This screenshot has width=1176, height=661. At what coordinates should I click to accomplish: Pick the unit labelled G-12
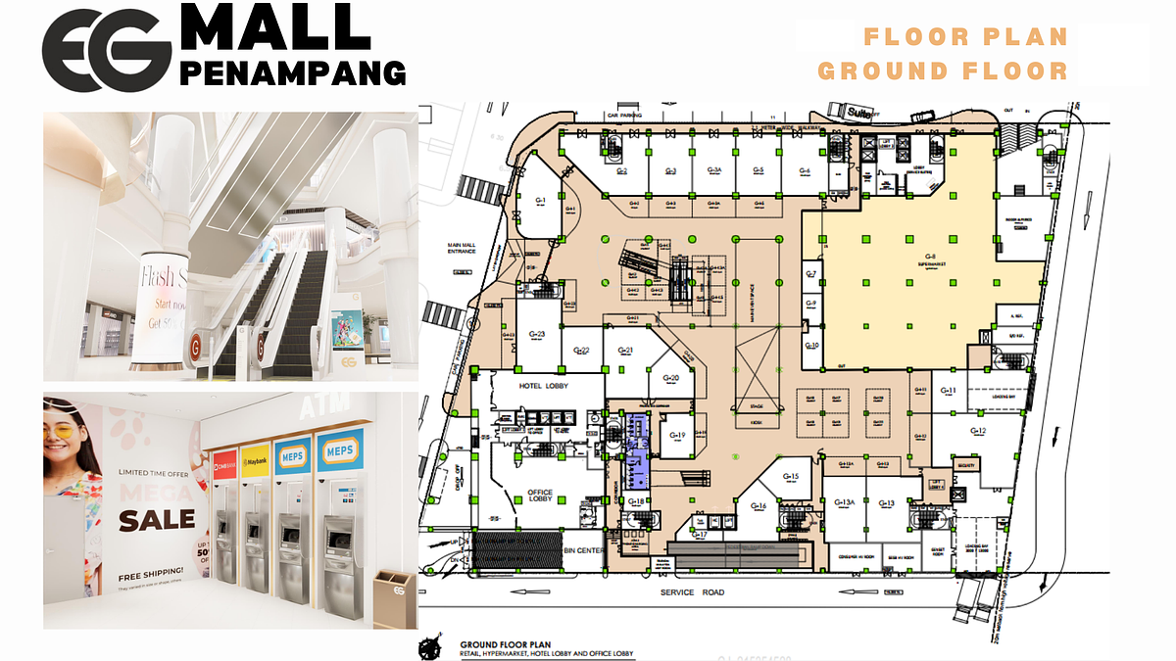coord(977,431)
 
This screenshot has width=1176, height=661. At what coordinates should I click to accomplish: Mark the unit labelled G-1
coord(540,200)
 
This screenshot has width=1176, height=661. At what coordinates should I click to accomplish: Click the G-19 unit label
coord(677,435)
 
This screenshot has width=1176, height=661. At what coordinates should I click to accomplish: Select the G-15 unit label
coord(792,476)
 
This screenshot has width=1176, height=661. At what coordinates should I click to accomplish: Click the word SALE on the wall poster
coord(157,517)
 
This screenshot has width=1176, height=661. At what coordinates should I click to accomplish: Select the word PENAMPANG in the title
coord(294,72)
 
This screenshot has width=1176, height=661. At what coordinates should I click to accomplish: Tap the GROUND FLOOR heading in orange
coord(943,71)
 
